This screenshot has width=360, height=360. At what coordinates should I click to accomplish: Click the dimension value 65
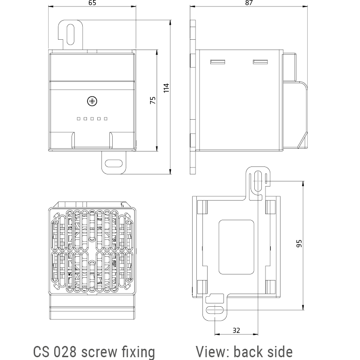(x=92, y=3)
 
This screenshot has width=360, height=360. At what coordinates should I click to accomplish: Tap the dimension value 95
(x=299, y=243)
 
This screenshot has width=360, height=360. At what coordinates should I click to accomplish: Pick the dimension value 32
(x=236, y=330)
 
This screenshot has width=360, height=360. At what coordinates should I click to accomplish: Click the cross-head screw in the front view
(x=92, y=101)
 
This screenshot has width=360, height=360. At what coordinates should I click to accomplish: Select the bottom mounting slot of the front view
(x=114, y=164)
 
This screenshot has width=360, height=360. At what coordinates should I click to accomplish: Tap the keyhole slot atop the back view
(x=258, y=181)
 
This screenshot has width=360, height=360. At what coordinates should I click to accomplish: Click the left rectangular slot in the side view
(x=217, y=62)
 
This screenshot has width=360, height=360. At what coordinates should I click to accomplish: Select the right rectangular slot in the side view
(x=259, y=62)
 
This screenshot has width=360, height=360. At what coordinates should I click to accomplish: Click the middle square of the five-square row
(x=92, y=119)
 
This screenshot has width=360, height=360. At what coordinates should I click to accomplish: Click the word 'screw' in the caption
(x=100, y=352)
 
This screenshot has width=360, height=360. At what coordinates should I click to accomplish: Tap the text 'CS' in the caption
(x=42, y=352)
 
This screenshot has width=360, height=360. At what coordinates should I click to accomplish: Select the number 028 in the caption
(x=65, y=352)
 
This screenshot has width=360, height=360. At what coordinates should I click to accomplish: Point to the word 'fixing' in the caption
(x=138, y=352)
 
